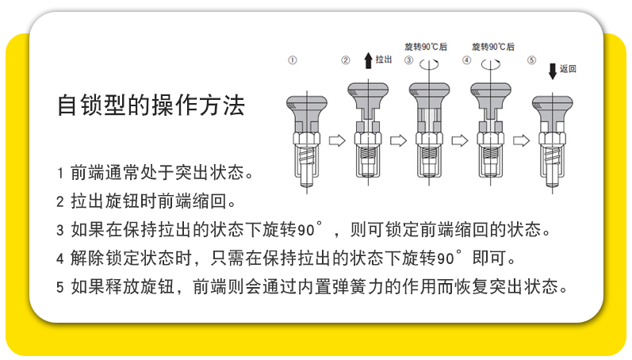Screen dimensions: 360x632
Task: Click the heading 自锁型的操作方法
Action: pyautogui.click(x=151, y=105)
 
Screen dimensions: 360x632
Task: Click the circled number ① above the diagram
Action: pyautogui.click(x=292, y=60)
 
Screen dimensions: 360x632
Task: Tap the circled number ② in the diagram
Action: pyautogui.click(x=346, y=60)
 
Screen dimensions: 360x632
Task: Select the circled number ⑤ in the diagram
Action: pyautogui.click(x=531, y=60)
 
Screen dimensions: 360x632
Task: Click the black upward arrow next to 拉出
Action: pyautogui.click(x=367, y=59)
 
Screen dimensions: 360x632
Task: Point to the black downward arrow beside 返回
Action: pyautogui.click(x=553, y=71)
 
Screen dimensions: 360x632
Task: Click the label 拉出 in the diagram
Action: pyautogui.click(x=384, y=60)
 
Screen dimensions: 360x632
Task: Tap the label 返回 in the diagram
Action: pyautogui.click(x=568, y=70)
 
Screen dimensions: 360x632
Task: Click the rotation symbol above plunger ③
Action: pyautogui.click(x=430, y=61)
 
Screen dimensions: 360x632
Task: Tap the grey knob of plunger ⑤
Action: pyautogui.click(x=553, y=105)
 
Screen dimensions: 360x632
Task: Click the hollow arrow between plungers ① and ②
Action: pyautogui.click(x=336, y=140)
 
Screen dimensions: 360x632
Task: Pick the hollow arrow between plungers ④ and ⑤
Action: pyautogui.click(x=521, y=140)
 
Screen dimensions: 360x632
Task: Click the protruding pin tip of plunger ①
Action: pyautogui.click(x=305, y=184)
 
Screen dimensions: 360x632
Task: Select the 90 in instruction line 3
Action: pyautogui.click(x=306, y=231)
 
